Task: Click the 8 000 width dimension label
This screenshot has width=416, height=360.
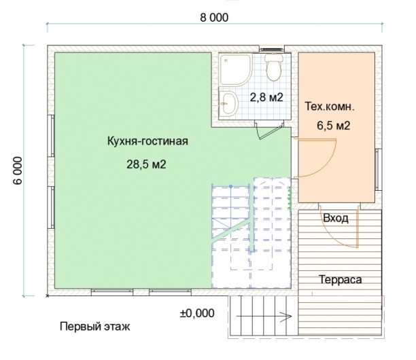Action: pyautogui.click(x=214, y=18)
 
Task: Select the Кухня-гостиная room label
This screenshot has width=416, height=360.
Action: pyautogui.click(x=148, y=141)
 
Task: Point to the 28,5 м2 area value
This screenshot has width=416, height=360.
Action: pyautogui.click(x=146, y=164)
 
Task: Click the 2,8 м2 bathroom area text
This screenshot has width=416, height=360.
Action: pyautogui.click(x=266, y=97)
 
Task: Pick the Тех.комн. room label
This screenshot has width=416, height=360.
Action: pyautogui.click(x=330, y=107)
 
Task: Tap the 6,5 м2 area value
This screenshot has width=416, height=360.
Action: pyautogui.click(x=334, y=126)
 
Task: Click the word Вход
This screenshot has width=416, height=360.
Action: pyautogui.click(x=336, y=218)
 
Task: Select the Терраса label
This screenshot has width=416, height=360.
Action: pyautogui.click(x=340, y=279)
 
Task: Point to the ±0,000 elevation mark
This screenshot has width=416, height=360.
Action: pyautogui.click(x=197, y=313)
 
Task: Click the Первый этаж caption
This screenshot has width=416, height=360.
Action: pyautogui.click(x=94, y=326)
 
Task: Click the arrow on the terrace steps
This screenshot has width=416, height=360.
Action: pyautogui.click(x=264, y=317)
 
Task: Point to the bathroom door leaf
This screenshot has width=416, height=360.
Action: pyautogui.click(x=271, y=133)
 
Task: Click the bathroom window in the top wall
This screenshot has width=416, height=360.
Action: pyautogui.click(x=271, y=50)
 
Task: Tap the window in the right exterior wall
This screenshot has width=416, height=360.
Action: pyautogui.click(x=378, y=169)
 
